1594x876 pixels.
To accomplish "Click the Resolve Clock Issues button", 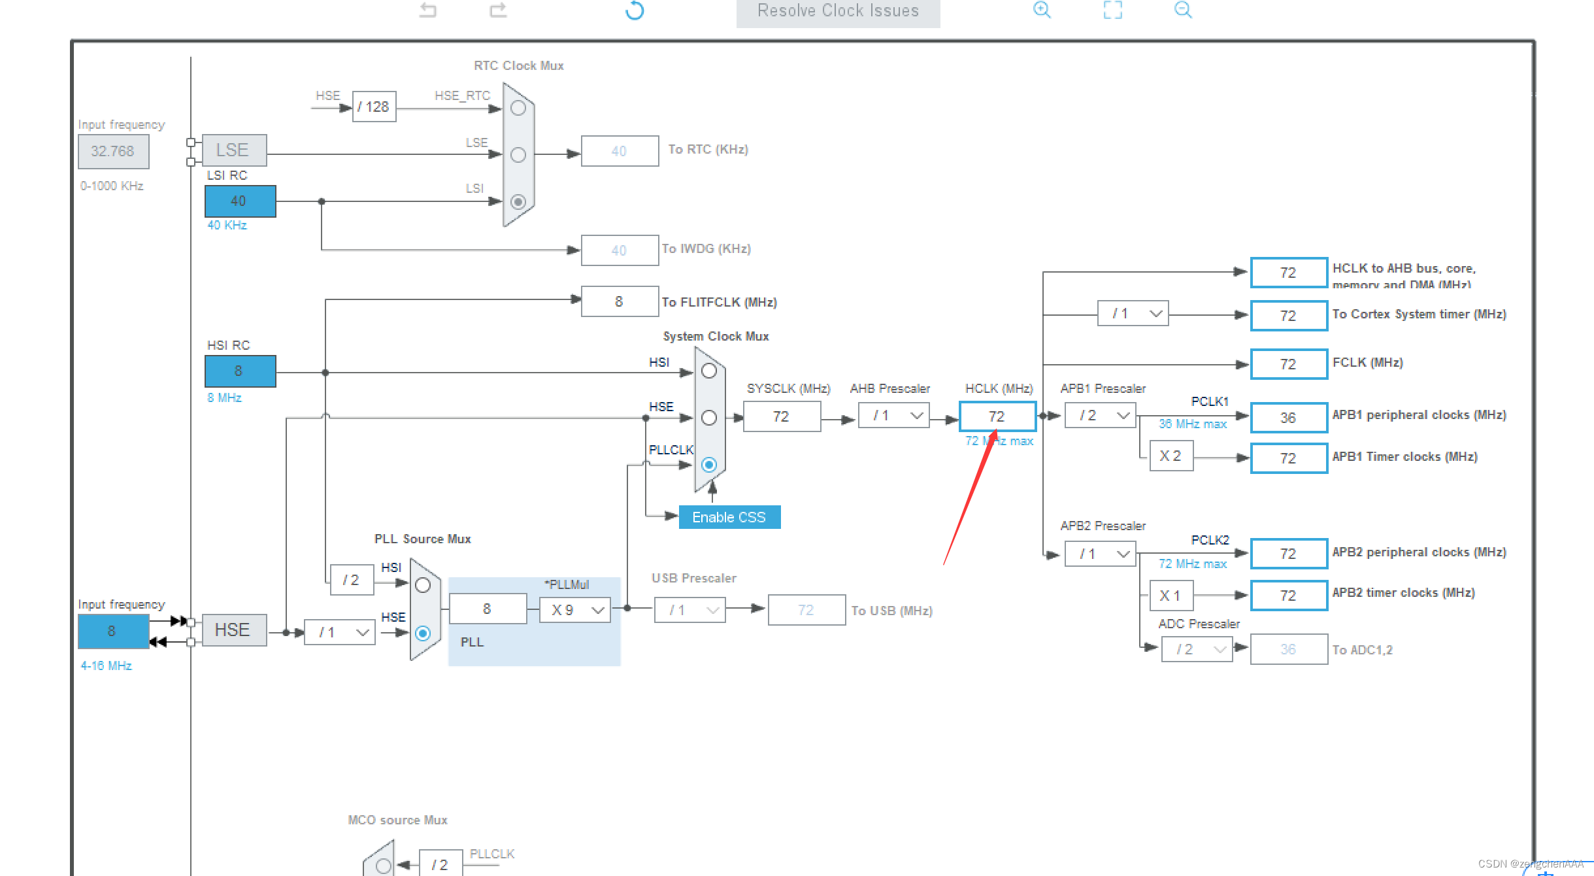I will [x=838, y=12].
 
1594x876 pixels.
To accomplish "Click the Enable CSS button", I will [x=729, y=517].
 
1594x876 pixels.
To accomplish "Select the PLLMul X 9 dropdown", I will [x=575, y=610].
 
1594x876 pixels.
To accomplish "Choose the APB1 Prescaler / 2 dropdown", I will [x=1101, y=416].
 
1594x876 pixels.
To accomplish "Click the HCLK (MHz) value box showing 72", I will [x=997, y=416].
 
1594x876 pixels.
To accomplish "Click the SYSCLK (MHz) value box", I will [x=782, y=416].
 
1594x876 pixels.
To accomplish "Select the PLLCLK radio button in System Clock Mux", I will [x=709, y=465].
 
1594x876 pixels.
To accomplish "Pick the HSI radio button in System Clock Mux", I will [x=709, y=371].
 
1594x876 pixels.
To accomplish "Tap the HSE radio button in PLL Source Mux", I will [x=423, y=633].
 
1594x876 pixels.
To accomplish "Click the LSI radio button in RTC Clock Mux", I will [x=518, y=201].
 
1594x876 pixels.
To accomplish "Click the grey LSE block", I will [x=234, y=150].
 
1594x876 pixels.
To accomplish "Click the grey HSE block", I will [x=234, y=630].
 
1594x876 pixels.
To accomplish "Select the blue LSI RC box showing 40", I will [x=240, y=201].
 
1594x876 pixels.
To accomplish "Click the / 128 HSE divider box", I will [x=374, y=107].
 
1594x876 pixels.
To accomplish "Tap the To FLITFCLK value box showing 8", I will [x=620, y=301].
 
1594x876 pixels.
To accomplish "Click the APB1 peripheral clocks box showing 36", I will [x=1289, y=418].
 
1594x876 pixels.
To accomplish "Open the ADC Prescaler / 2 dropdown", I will [x=1197, y=649].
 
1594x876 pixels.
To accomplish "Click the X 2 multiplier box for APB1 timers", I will [x=1171, y=456].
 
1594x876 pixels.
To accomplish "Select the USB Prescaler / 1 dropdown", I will [x=690, y=610].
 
